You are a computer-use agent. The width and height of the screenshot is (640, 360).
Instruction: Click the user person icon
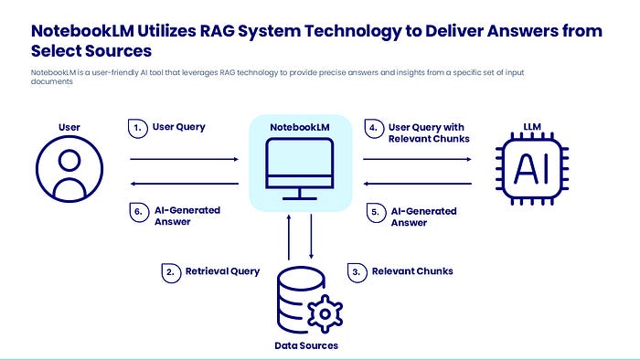coord(69,169)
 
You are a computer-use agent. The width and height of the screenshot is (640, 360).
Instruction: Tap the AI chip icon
coord(532,168)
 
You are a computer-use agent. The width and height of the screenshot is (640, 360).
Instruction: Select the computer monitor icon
coord(300,169)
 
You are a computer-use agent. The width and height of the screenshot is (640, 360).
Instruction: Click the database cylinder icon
coord(300,300)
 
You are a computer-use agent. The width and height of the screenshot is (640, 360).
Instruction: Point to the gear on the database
coord(325,314)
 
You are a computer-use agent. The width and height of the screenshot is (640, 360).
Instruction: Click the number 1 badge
coord(138,129)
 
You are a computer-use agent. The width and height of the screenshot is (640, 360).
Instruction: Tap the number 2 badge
coord(171,273)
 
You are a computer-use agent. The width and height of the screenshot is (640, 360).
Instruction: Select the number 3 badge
coord(357,273)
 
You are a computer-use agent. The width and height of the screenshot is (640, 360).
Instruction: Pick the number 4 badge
coord(374,129)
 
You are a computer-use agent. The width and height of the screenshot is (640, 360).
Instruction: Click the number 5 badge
coord(376,213)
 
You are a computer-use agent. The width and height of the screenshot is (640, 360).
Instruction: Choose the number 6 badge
coord(139,212)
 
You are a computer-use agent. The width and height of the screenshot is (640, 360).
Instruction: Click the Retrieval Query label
coord(222,271)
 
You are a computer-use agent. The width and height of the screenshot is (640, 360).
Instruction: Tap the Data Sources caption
coord(306,345)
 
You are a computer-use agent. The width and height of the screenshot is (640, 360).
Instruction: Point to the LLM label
coord(532,127)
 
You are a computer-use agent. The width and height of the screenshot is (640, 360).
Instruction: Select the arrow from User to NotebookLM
coord(184,159)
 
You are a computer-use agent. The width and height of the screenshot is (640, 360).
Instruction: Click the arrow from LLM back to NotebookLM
coord(418,184)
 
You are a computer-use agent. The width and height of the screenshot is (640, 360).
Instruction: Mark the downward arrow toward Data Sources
coord(311,237)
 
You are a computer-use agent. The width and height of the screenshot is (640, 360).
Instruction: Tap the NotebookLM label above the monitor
coord(300,127)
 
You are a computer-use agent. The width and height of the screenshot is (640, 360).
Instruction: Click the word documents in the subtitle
coord(52,81)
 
